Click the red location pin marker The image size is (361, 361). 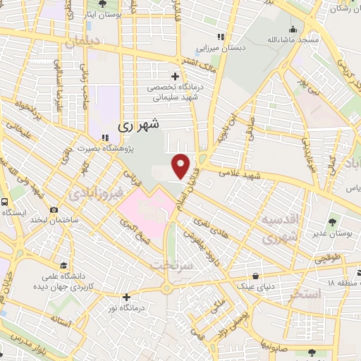[x=181, y=166]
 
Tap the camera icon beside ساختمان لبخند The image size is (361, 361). [x=54, y=210]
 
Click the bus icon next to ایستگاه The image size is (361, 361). [x=5, y=202]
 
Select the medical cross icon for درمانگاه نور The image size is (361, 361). [x=126, y=297]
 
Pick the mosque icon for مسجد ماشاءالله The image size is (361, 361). [x=292, y=29]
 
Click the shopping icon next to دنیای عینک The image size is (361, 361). [x=255, y=276]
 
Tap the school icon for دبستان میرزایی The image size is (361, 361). [x=220, y=37]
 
